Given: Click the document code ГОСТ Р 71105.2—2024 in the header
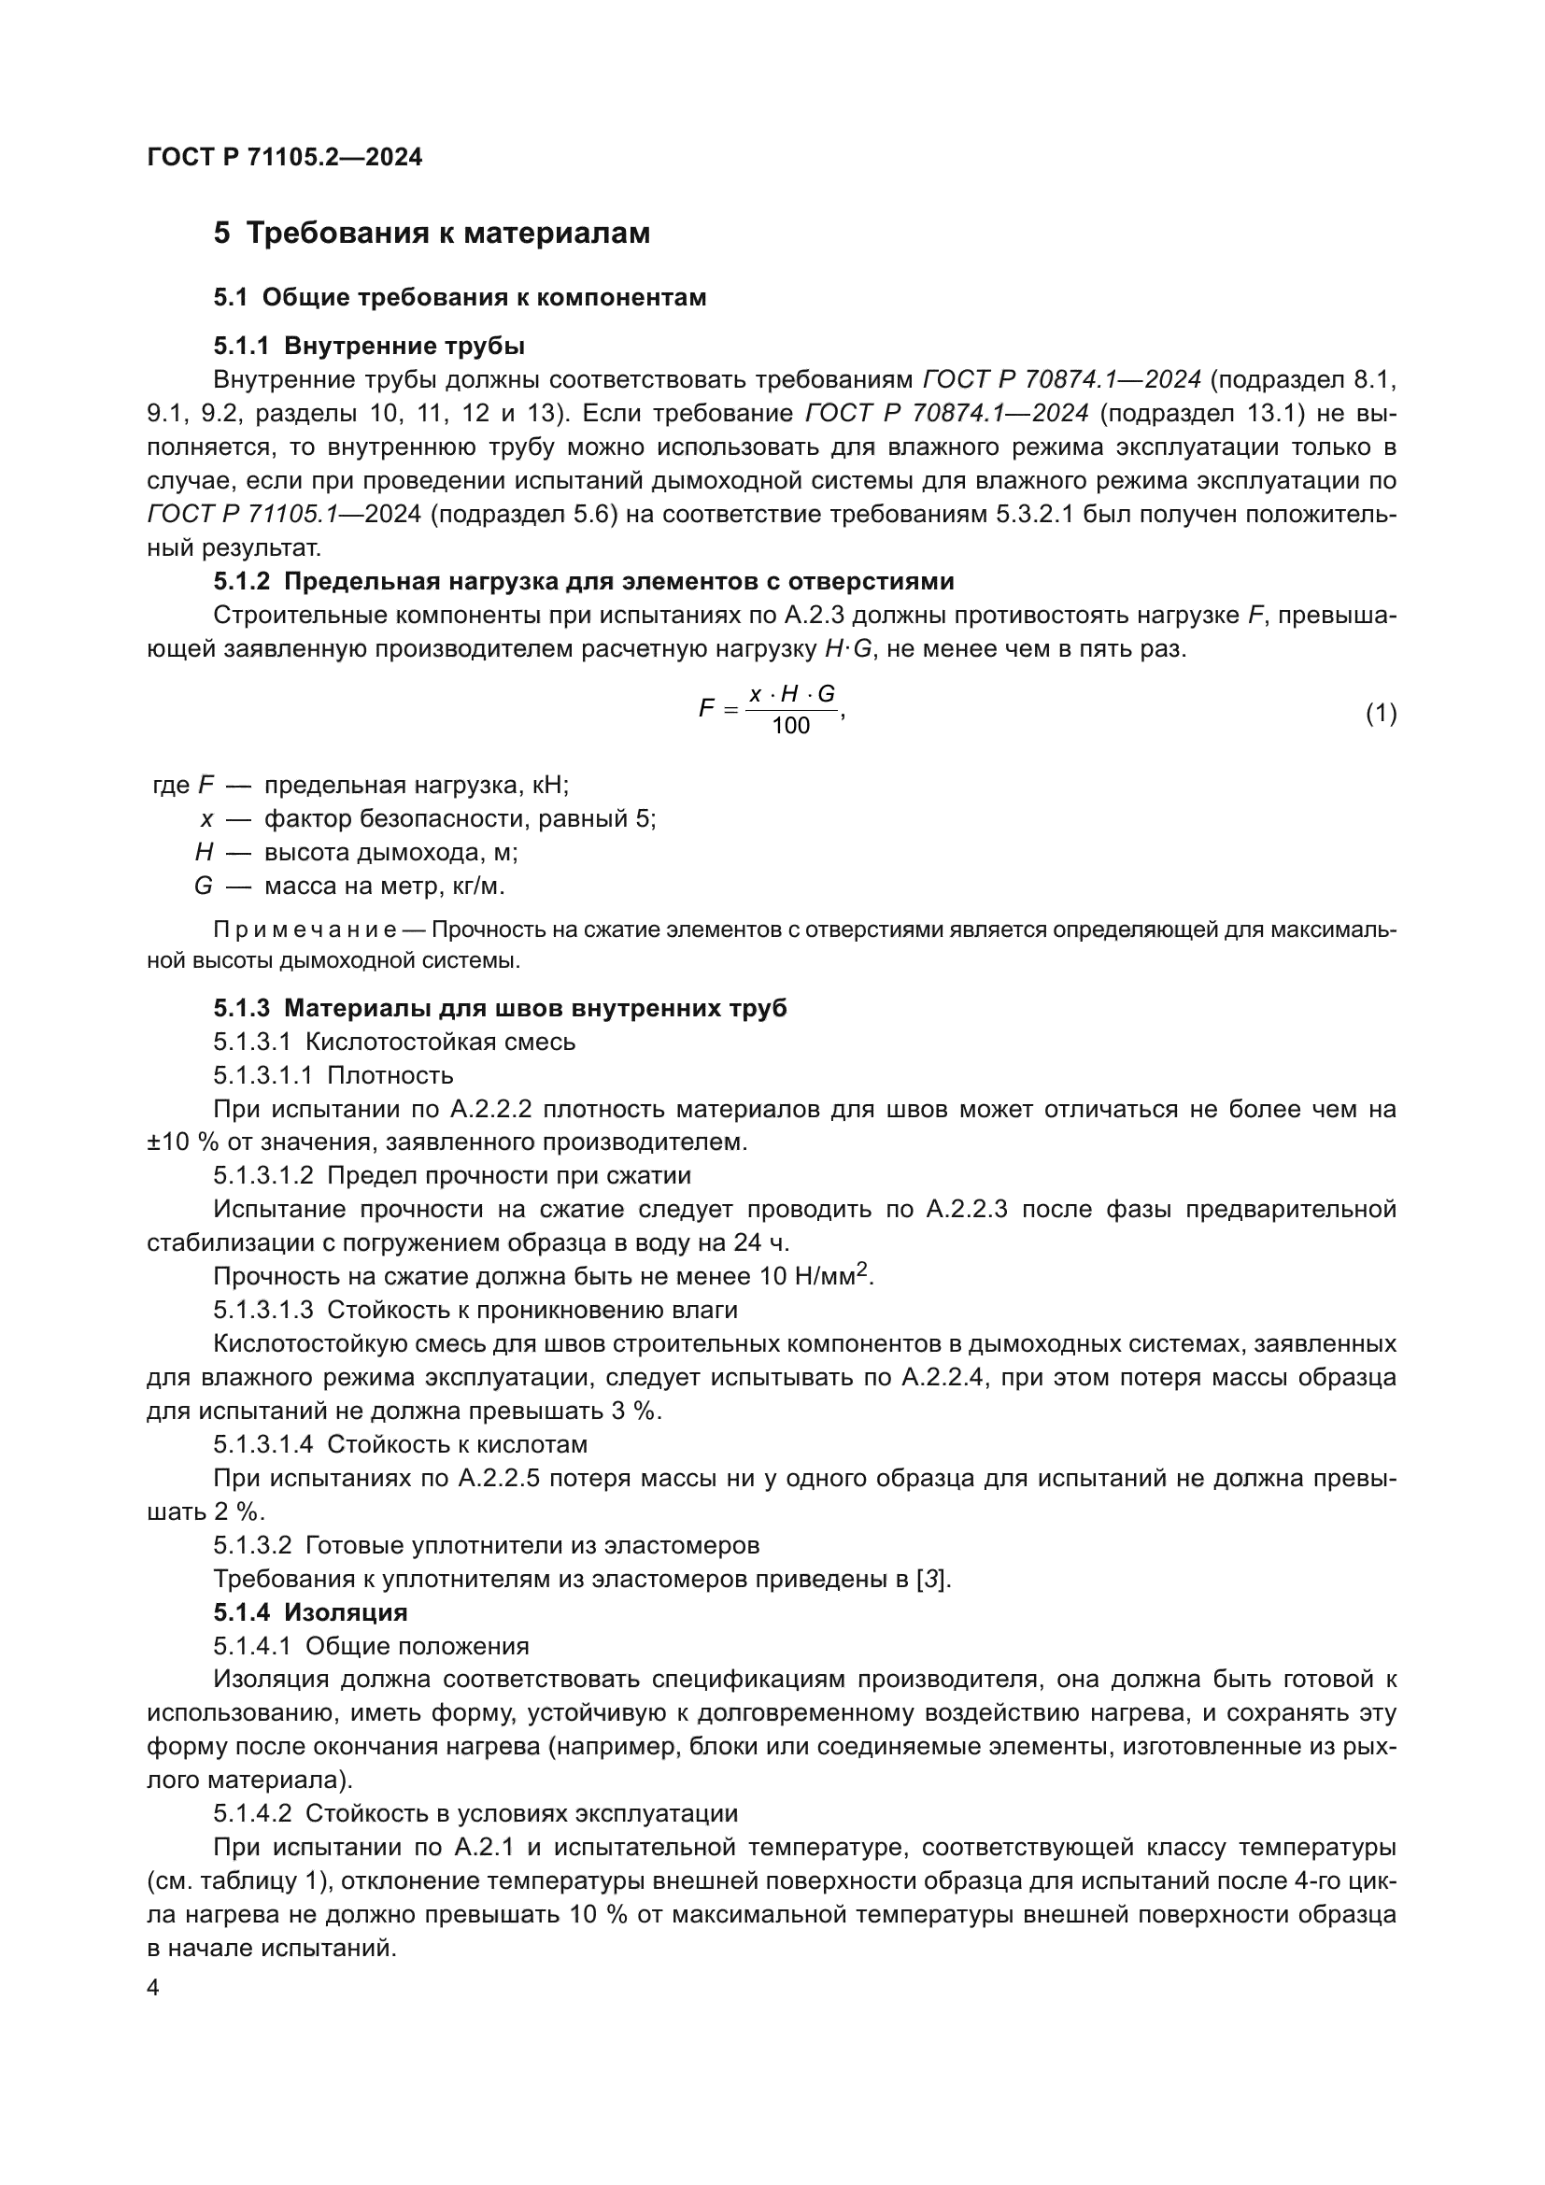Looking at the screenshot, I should (285, 158).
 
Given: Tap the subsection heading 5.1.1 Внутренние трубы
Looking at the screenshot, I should (368, 345).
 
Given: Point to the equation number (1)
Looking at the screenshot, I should (1381, 713).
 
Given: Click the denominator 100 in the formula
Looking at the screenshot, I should (790, 726).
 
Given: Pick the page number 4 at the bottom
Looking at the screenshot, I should (153, 1988).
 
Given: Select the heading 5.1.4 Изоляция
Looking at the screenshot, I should (310, 1612).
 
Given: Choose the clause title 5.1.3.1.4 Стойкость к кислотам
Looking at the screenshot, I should (400, 1444).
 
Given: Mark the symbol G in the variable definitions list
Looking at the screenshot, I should (203, 886).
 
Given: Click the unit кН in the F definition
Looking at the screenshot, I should (551, 785).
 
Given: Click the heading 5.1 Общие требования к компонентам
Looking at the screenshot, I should (460, 297).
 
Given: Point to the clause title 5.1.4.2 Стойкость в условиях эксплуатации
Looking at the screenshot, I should (475, 1814).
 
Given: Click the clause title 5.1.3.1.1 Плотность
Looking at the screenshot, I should (333, 1075).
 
